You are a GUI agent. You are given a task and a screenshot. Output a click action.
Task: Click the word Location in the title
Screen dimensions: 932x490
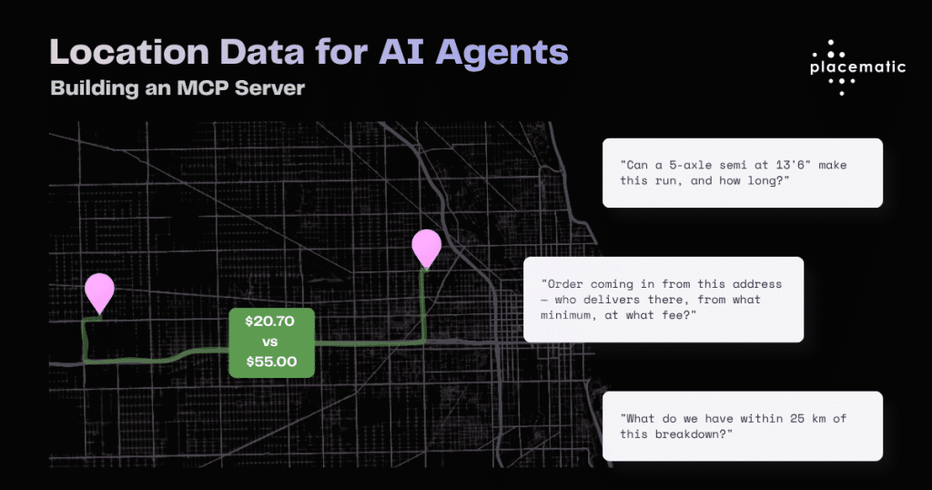coord(129,52)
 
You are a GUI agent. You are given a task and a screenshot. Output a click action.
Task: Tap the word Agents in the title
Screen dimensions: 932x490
coord(501,54)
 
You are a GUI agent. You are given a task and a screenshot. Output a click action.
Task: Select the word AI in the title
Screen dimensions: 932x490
coord(401,52)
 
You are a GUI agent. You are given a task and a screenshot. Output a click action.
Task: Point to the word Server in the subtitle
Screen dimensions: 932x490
coord(269,88)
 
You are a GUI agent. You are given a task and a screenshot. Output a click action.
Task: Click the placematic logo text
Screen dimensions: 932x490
coord(857,67)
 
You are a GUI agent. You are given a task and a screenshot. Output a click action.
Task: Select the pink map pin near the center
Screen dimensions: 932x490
coord(427,250)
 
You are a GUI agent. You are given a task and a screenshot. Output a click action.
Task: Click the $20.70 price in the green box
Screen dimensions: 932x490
coord(269,322)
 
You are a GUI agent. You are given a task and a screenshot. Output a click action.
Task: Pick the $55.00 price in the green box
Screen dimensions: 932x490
coord(271,362)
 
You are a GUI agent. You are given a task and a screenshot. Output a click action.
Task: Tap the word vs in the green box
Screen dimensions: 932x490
coord(269,342)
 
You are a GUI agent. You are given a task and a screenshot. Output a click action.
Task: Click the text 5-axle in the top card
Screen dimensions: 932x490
coord(690,165)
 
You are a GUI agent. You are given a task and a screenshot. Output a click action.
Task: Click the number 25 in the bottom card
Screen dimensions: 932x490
coord(797,419)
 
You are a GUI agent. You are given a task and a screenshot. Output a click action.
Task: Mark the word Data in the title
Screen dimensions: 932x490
coord(262,52)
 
